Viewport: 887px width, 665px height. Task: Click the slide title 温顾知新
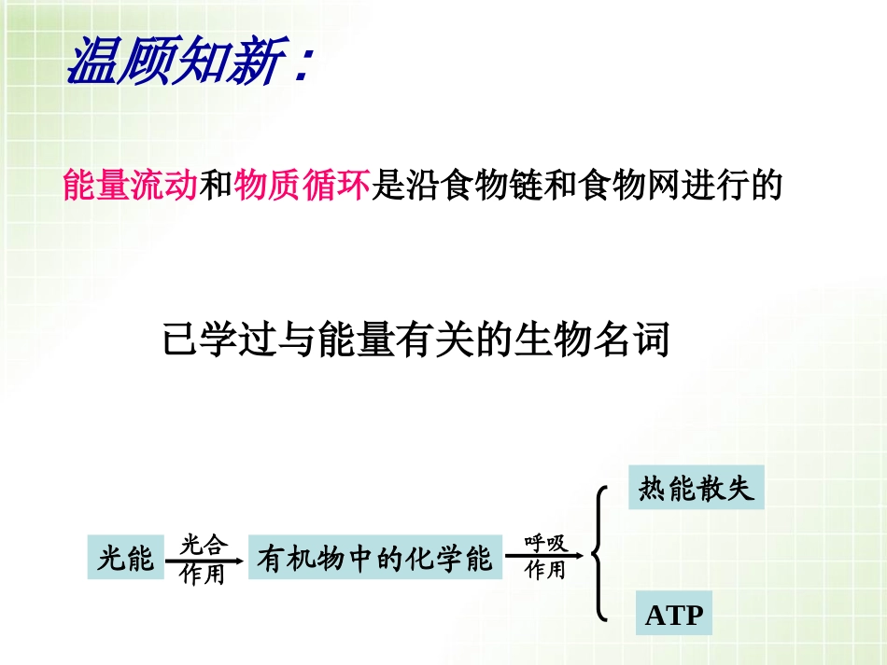click(172, 63)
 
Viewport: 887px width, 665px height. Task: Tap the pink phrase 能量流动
click(130, 187)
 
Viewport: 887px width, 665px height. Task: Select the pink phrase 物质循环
click(303, 187)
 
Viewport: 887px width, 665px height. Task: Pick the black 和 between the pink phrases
click(217, 187)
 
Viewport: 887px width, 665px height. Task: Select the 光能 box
click(126, 558)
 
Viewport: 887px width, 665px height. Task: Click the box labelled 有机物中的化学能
click(373, 558)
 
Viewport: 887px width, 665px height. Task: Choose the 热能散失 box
click(696, 488)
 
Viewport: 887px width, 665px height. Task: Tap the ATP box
click(673, 616)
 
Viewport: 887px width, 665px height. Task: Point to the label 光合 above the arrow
click(204, 543)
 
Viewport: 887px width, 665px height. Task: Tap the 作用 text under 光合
click(204, 575)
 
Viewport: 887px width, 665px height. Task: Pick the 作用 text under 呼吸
click(545, 570)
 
